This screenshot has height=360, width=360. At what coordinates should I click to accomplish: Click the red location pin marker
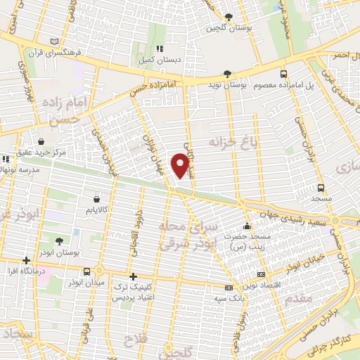coord(181,165)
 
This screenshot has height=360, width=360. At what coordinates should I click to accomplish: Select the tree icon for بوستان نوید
coord(227,73)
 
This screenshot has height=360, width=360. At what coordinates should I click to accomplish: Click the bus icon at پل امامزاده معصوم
coord(283,73)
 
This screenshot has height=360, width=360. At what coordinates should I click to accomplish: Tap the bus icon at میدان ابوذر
coord(86,271)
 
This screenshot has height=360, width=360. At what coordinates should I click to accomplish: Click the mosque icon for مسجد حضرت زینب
coord(247,226)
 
